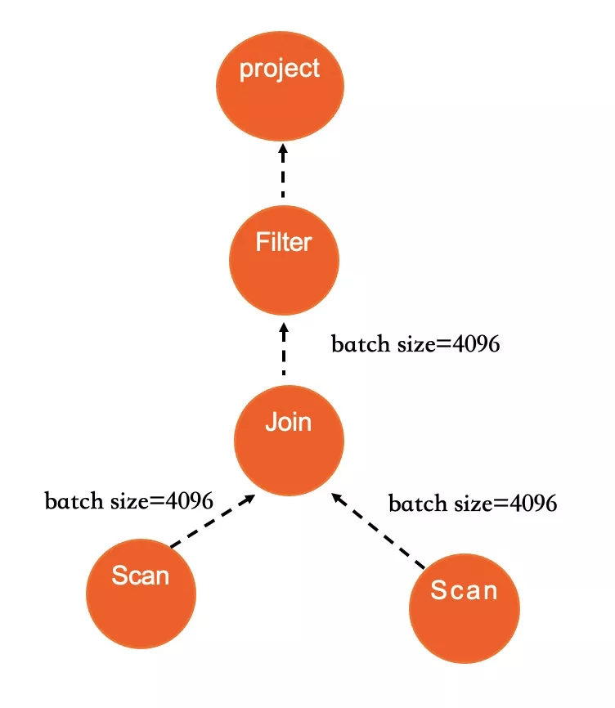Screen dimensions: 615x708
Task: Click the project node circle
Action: pyautogui.click(x=280, y=86)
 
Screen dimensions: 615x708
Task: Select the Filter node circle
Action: pyautogui.click(x=284, y=260)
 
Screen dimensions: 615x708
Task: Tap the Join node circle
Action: pyautogui.click(x=289, y=440)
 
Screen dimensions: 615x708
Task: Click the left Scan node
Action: pyautogui.click(x=141, y=594)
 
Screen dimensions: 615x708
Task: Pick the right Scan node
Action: pyautogui.click(x=465, y=608)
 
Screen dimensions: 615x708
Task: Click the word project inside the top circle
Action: pyautogui.click(x=280, y=69)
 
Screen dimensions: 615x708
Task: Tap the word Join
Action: pyautogui.click(x=288, y=422)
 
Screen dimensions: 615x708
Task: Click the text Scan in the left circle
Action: pyautogui.click(x=141, y=576)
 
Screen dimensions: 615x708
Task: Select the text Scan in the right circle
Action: pyautogui.click(x=464, y=589)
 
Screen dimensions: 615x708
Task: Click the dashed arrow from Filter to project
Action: pyautogui.click(x=283, y=170)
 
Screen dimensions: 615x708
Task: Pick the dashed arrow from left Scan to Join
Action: pyautogui.click(x=213, y=521)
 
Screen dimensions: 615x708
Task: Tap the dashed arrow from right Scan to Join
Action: pyautogui.click(x=378, y=531)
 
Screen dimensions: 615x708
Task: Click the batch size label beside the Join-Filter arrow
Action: pyautogui.click(x=415, y=344)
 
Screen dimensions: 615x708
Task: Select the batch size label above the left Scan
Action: pyautogui.click(x=128, y=500)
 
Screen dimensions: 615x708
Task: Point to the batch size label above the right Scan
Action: pyautogui.click(x=473, y=504)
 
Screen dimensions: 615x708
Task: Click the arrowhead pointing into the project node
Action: pyautogui.click(x=283, y=150)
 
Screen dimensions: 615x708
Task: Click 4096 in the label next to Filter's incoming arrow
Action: pyautogui.click(x=476, y=344)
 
